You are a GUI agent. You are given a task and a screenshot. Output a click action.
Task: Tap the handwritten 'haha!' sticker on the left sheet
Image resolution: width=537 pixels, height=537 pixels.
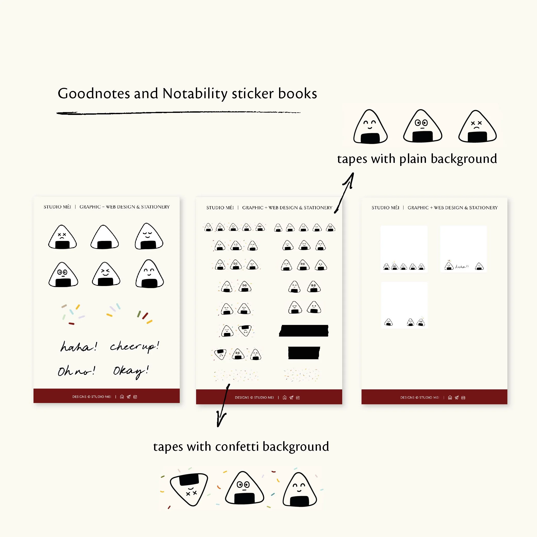pyautogui.click(x=79, y=347)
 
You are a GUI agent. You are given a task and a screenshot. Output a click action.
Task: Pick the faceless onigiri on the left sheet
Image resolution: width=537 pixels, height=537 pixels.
pyautogui.click(x=105, y=237)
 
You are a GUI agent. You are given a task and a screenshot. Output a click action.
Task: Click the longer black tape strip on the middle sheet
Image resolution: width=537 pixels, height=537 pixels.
pyautogui.click(x=304, y=331)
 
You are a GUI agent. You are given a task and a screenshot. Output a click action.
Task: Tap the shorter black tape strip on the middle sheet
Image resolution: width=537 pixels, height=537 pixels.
pyautogui.click(x=304, y=353)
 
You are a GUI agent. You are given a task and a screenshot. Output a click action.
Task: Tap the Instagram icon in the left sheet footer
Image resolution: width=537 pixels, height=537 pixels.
pyautogui.click(x=135, y=397)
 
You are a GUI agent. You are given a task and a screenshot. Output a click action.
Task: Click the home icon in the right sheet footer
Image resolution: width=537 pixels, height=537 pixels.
pyautogui.click(x=450, y=398)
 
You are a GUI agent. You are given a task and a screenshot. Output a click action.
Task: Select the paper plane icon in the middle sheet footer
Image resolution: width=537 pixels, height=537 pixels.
pyautogui.click(x=291, y=398)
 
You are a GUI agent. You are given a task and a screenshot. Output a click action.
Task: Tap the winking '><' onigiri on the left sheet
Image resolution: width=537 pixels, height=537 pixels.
pyautogui.click(x=106, y=274)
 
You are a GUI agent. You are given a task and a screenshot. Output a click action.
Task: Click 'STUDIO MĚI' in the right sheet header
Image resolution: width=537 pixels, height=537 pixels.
pyautogui.click(x=385, y=208)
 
